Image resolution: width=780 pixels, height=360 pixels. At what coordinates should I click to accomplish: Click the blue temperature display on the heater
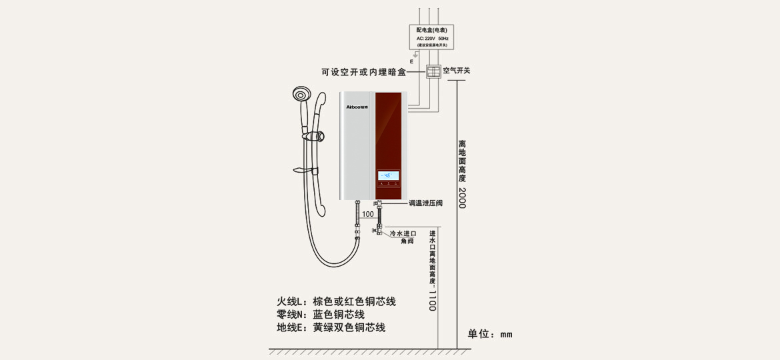click(389, 176)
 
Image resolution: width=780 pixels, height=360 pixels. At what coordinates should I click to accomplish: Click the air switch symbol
click(433, 71)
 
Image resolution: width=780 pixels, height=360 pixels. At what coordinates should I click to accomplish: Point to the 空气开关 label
click(457, 71)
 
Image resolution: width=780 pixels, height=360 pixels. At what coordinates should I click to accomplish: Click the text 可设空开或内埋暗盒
click(363, 72)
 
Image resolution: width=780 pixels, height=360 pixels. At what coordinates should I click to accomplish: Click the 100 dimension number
click(368, 214)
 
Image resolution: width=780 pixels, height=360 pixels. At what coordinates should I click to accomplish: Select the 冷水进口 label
click(403, 234)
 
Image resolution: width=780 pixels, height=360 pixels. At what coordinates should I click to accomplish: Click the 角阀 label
click(407, 241)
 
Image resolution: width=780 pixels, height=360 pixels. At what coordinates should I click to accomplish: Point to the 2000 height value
click(462, 197)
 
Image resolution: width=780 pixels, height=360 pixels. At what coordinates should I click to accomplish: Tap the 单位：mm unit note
click(490, 334)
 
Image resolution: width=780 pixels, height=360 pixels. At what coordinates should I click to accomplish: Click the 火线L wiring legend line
click(336, 301)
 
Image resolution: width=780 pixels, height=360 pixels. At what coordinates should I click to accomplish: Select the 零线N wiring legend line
click(321, 315)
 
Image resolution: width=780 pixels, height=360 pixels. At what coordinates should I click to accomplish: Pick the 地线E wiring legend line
click(331, 328)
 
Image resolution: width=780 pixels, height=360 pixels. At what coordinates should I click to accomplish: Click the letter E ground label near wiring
click(411, 61)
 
